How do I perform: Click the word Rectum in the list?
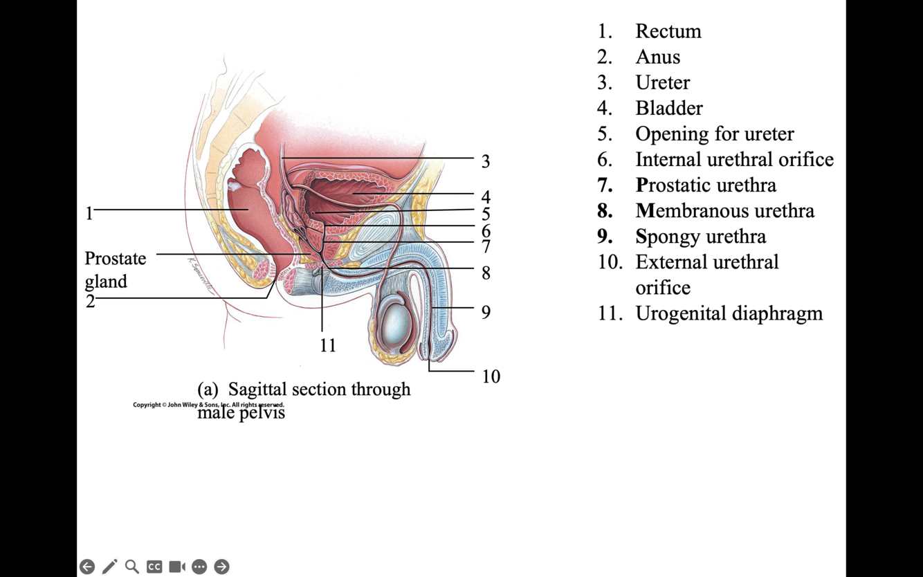[x=668, y=31]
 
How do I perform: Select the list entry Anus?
[x=657, y=57]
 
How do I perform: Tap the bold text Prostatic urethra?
[x=705, y=185]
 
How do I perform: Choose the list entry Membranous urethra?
[x=724, y=210]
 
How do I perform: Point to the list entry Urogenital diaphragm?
[x=729, y=313]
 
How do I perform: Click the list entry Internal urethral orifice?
[x=734, y=159]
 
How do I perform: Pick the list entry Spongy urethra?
[x=700, y=236]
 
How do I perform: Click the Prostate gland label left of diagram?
[x=115, y=269]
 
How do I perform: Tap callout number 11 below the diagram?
[x=327, y=345]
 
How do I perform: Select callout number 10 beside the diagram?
[x=491, y=376]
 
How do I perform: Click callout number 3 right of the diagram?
[x=486, y=161]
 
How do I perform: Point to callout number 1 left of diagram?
[x=89, y=214]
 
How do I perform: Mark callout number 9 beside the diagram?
[x=486, y=312]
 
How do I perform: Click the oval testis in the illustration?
[x=396, y=325]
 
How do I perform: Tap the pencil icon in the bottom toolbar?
[x=109, y=567]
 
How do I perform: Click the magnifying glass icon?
[x=132, y=567]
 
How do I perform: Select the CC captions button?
[x=154, y=567]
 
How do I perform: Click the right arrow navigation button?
[x=221, y=567]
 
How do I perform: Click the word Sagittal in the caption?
[x=260, y=389]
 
